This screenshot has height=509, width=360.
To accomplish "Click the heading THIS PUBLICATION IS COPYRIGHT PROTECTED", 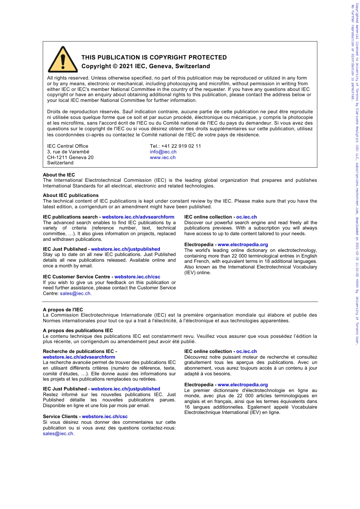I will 154,58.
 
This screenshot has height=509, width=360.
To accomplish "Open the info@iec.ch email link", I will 163,152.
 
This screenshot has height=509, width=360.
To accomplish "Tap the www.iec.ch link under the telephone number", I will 163,158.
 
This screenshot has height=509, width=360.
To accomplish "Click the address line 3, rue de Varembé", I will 68,152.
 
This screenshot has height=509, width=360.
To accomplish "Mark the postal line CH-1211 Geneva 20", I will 70,158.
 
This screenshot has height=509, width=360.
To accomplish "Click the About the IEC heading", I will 59,175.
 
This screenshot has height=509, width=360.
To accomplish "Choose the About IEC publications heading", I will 70,195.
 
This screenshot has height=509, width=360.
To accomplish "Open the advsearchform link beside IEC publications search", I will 138,217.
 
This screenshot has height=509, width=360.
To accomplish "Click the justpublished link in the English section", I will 125,249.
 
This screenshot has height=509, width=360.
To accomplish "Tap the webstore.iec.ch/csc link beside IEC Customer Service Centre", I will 137,277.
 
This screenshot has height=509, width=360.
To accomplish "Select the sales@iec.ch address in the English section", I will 75,294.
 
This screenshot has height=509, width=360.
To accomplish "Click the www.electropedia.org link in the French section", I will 243,385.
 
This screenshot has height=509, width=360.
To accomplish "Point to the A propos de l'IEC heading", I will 63,310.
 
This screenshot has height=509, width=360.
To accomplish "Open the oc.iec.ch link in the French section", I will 246,351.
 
